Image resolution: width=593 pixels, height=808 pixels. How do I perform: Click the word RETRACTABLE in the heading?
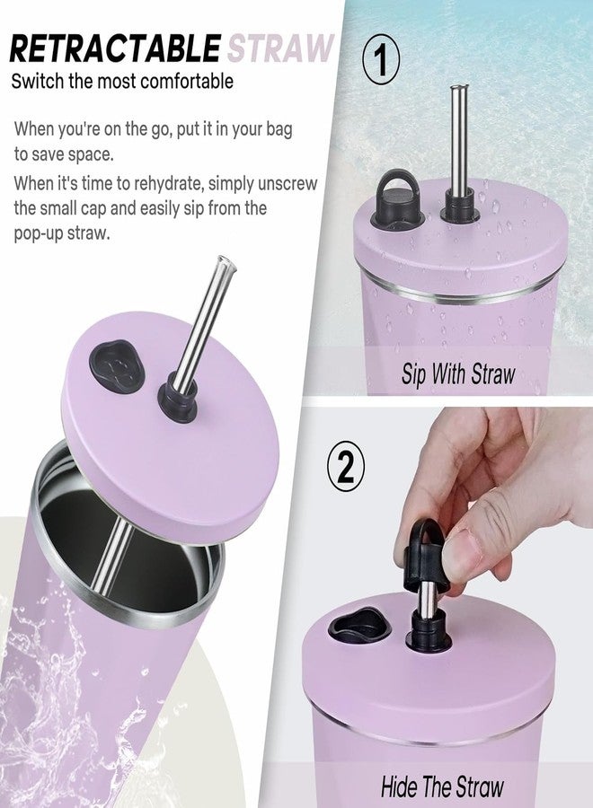click(x=115, y=49)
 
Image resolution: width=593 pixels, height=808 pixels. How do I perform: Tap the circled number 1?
click(x=381, y=61)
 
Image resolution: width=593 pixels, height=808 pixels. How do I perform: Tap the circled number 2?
click(x=346, y=468)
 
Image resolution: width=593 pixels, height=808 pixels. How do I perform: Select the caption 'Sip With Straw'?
click(x=458, y=373)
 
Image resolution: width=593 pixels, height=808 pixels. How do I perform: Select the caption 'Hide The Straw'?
click(x=442, y=786)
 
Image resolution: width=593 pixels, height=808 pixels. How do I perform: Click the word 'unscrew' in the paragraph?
click(x=288, y=183)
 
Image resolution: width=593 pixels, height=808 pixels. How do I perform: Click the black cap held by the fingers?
click(x=420, y=556)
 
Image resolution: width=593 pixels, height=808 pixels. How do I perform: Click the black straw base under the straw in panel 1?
click(x=456, y=207)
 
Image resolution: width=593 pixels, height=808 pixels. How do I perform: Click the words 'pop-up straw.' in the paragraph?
click(x=62, y=233)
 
